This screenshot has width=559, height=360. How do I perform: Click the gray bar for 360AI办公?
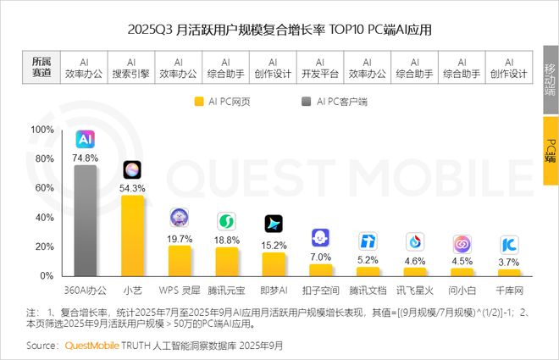85,220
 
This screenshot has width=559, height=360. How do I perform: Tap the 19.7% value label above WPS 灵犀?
180,239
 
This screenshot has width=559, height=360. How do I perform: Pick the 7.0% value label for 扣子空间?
321,257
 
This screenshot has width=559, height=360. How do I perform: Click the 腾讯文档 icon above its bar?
368,241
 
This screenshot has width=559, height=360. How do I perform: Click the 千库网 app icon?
509,246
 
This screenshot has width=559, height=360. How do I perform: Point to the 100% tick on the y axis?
42,130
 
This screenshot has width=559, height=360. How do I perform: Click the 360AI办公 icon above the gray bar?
85,139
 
